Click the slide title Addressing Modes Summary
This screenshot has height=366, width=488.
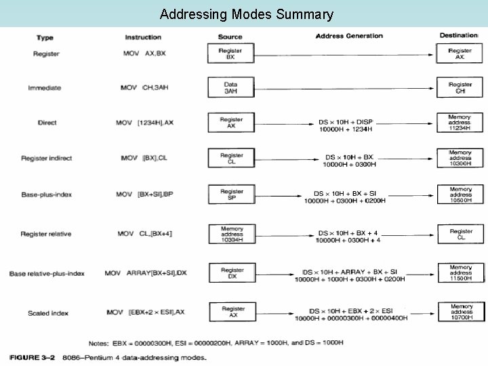coord(246,14)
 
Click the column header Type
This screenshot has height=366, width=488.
coord(45,37)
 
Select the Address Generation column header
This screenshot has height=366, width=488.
coord(349,36)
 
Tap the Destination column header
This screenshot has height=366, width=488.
coord(459,35)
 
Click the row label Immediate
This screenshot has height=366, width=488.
coord(44,87)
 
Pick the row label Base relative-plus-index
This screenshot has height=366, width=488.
coord(47,274)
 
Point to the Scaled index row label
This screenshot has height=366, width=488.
coord(48,312)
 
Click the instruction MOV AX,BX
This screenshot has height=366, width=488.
coord(144,54)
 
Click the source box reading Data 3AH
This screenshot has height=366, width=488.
coord(230,87)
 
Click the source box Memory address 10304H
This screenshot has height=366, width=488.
coord(231,234)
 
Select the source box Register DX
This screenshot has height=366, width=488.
coord(231,274)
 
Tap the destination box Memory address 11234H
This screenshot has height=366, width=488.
coord(460,122)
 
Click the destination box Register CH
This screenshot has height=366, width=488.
coord(460,87)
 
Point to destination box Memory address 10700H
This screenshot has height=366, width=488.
coord(460,312)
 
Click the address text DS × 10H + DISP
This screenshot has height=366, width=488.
coord(346,122)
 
